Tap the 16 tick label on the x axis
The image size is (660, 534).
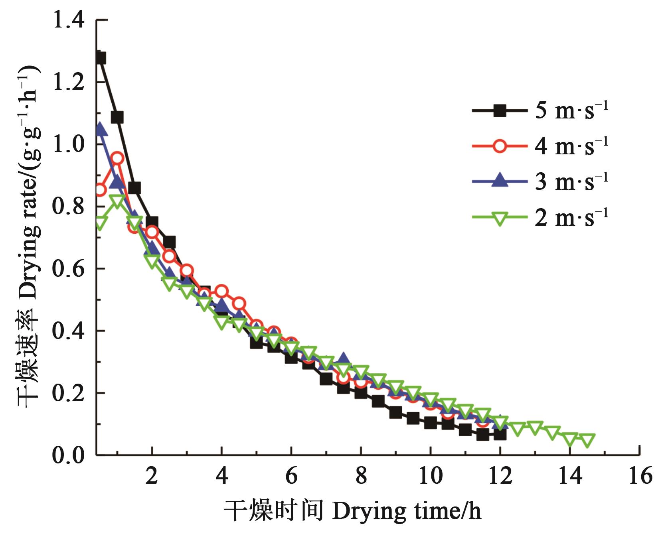tap(640, 476)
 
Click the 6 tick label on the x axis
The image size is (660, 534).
tap(291, 476)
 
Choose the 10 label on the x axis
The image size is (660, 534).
tap(431, 476)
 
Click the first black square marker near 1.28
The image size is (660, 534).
tap(100, 58)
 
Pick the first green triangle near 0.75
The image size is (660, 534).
tap(100, 223)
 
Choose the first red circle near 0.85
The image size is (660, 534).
tap(100, 190)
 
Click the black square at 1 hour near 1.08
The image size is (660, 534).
tap(117, 118)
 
